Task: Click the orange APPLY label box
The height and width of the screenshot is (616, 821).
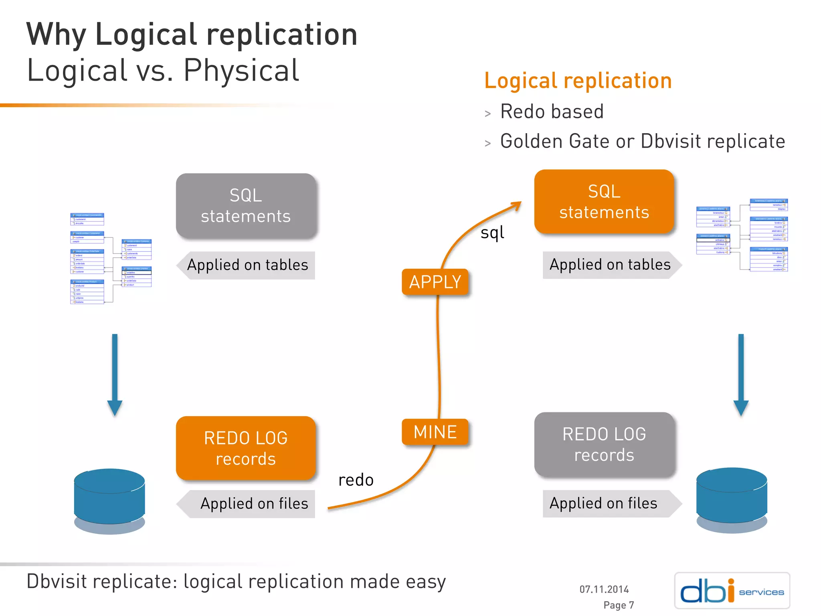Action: pos(435,282)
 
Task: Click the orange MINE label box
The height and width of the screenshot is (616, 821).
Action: pos(435,432)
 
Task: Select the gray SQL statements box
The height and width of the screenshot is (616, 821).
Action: pos(246,206)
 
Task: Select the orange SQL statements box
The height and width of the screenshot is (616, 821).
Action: pos(604,202)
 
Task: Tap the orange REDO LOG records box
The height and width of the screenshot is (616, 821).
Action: pos(246,448)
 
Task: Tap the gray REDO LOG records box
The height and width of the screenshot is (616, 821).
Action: pos(604,444)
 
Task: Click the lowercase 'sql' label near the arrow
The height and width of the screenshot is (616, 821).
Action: pos(492,233)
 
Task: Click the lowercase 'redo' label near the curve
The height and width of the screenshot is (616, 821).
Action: pos(356,480)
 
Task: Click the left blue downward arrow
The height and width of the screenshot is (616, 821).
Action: pos(115,373)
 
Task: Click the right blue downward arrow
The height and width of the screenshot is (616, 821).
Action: pos(741,373)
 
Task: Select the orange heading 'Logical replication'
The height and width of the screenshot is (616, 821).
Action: pos(578,81)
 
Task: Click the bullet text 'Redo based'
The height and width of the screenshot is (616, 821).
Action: pos(552,111)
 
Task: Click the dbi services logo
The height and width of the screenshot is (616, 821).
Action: pos(732,590)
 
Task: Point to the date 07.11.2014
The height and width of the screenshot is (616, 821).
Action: pos(604,589)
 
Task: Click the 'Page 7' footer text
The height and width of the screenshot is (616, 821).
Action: pos(619,605)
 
